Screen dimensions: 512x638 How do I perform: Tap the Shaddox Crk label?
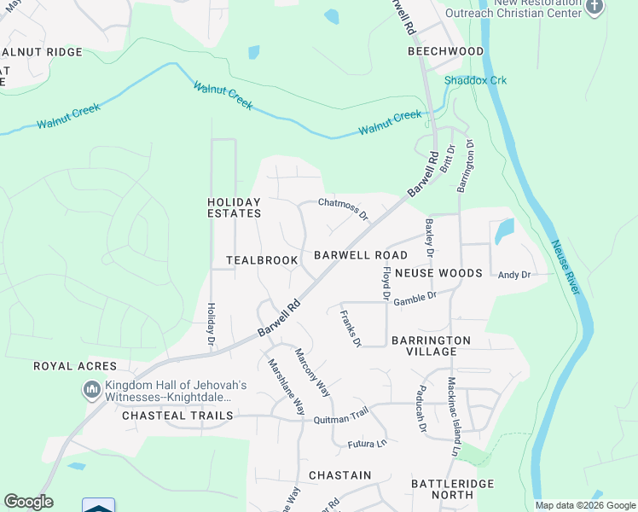tap(475, 80)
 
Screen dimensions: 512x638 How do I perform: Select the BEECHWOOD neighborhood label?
tap(445, 51)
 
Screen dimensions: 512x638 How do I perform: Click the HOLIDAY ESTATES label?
tap(234, 207)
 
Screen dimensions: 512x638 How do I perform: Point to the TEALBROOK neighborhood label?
tap(262, 259)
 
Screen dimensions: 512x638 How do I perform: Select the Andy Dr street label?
tap(514, 275)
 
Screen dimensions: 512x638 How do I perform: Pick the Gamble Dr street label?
tap(416, 296)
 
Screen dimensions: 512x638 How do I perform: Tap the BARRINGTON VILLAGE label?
tap(431, 346)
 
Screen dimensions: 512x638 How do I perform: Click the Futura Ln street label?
tap(367, 444)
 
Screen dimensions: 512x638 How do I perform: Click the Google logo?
tap(28, 502)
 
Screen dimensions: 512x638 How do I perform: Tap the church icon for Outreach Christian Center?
tap(595, 8)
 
